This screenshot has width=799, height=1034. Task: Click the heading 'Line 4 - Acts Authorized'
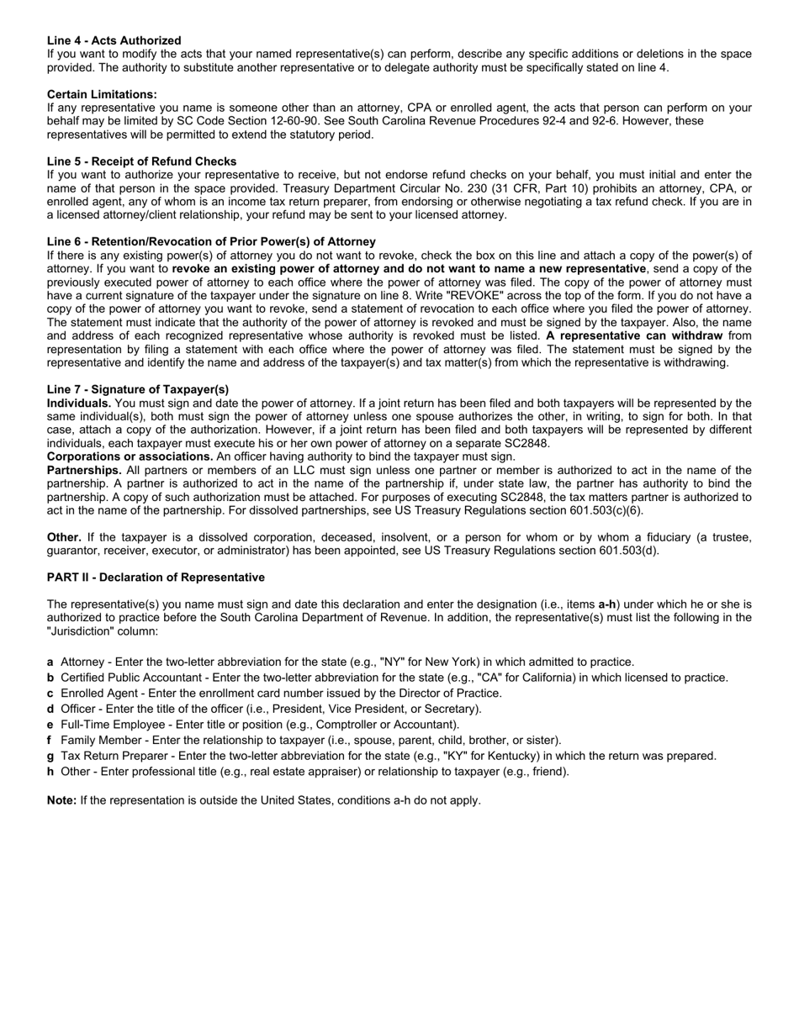114,40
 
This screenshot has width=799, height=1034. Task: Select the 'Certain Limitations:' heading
102,94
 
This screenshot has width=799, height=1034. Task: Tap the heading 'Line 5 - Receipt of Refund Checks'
141,161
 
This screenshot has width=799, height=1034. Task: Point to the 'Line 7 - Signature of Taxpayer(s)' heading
138,389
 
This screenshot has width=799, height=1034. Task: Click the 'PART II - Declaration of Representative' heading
156,578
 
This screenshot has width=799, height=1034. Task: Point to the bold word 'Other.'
64,538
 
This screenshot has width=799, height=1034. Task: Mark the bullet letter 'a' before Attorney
50,662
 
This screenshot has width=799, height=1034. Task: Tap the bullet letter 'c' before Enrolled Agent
50,694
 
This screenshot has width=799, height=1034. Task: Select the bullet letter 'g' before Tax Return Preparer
50,757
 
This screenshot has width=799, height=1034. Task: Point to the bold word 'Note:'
62,800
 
